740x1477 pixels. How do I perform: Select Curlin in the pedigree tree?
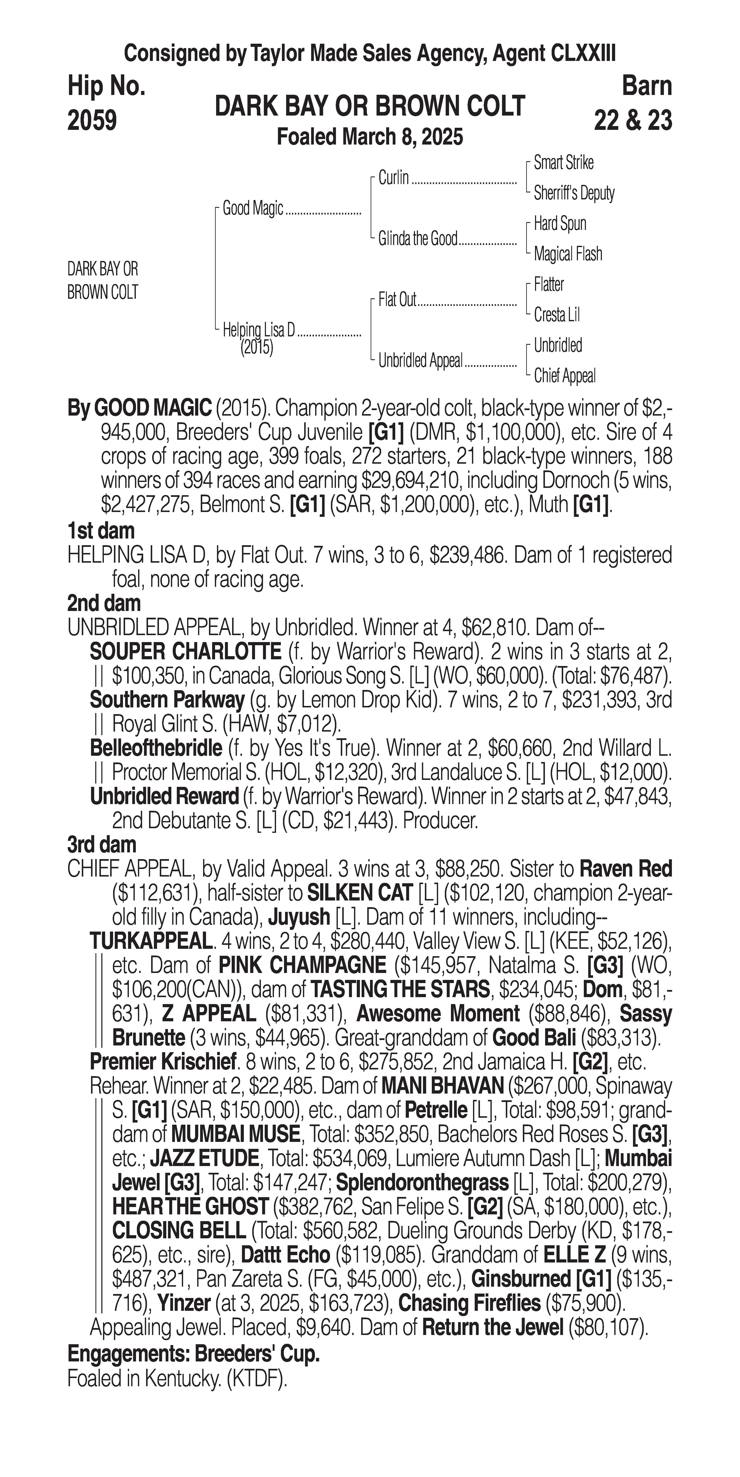pos(394,178)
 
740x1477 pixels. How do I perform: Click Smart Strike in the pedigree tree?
pos(563,163)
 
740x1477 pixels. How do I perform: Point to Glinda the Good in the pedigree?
pos(418,238)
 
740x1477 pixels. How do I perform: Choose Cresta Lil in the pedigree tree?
pos(556,315)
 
